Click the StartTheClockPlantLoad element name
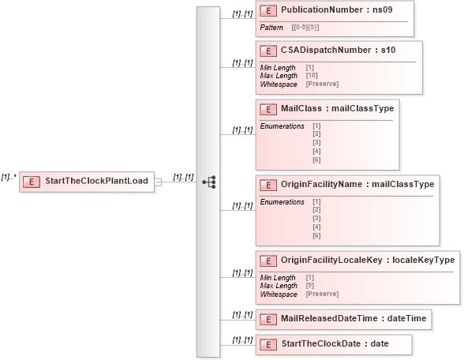[x=96, y=182]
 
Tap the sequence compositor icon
[x=209, y=182]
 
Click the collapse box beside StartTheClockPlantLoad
[x=158, y=182]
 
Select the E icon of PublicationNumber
[x=268, y=11]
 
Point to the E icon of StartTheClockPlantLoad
[x=32, y=182]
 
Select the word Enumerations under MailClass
[x=282, y=126]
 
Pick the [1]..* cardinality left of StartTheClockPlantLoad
[x=9, y=178]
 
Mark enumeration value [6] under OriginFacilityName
[x=316, y=236]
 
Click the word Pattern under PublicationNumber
[x=271, y=28]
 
